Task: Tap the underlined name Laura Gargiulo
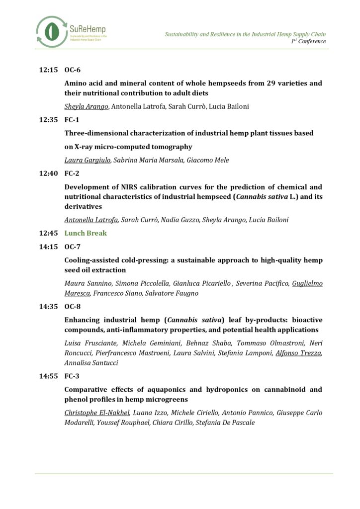pyautogui.click(x=88, y=161)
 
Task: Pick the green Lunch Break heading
pyautogui.click(x=86, y=233)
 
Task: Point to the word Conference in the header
pyautogui.click(x=312, y=41)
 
